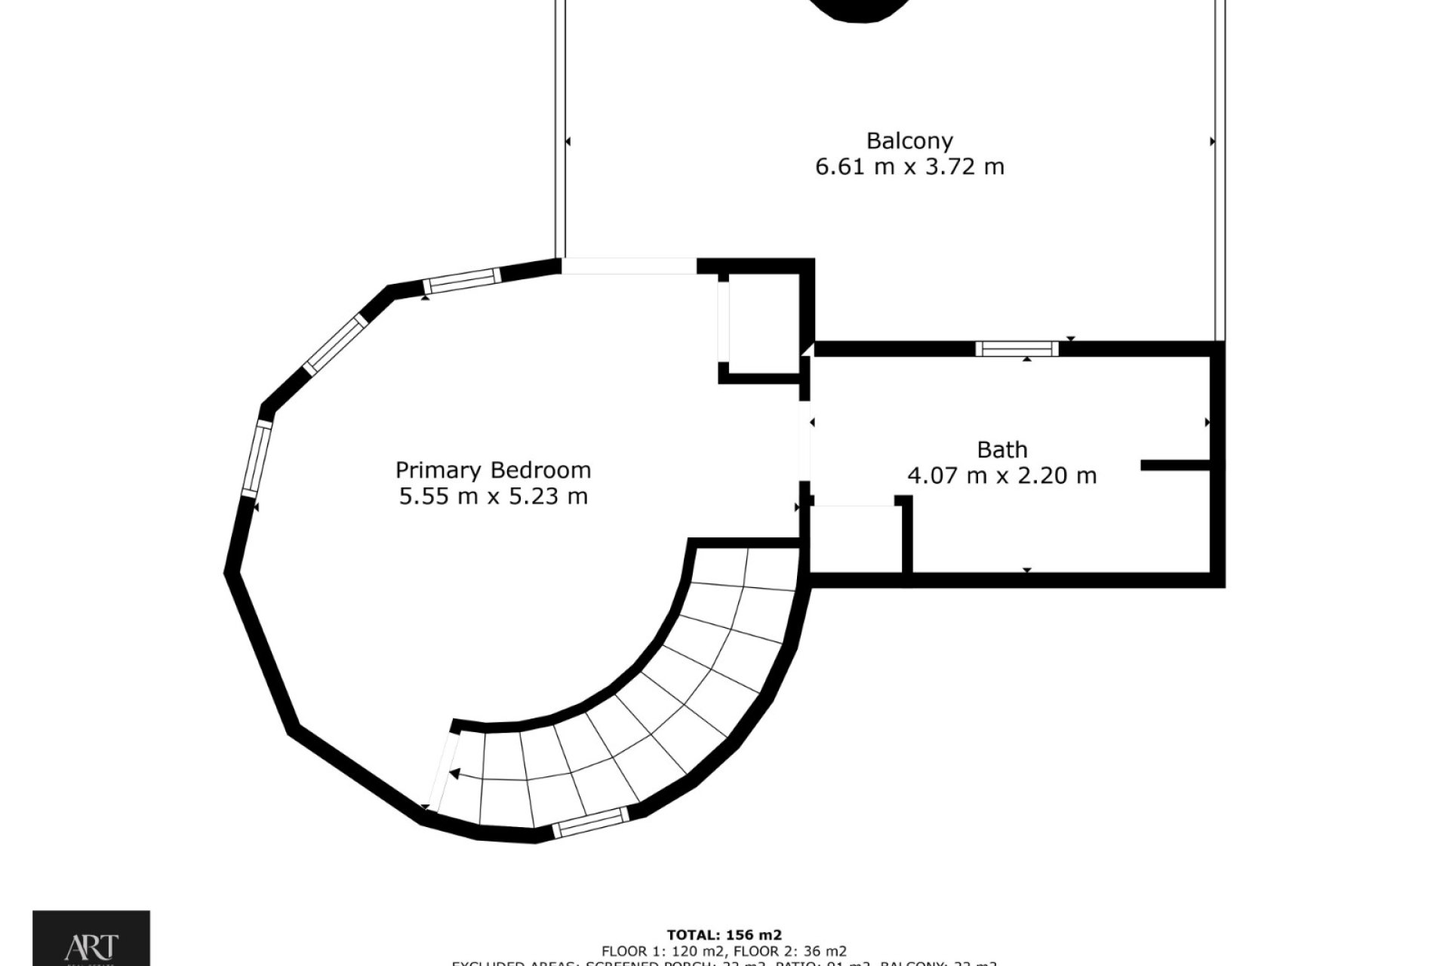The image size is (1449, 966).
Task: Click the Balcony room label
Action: (909, 141)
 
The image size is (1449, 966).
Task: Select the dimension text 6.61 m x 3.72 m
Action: (909, 167)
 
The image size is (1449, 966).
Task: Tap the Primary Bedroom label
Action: (493, 471)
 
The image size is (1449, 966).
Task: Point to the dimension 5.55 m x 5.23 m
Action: (493, 497)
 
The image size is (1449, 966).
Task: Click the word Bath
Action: (1001, 451)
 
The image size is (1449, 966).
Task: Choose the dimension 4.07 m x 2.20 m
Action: (1001, 476)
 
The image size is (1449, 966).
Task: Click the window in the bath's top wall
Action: (1017, 349)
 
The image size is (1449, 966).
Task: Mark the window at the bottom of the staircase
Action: (590, 822)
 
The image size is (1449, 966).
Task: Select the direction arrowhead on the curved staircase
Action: (455, 773)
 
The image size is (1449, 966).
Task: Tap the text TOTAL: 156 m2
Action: (724, 936)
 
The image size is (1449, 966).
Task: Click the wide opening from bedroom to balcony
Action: (629, 266)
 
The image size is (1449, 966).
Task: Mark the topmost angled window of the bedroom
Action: (460, 279)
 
